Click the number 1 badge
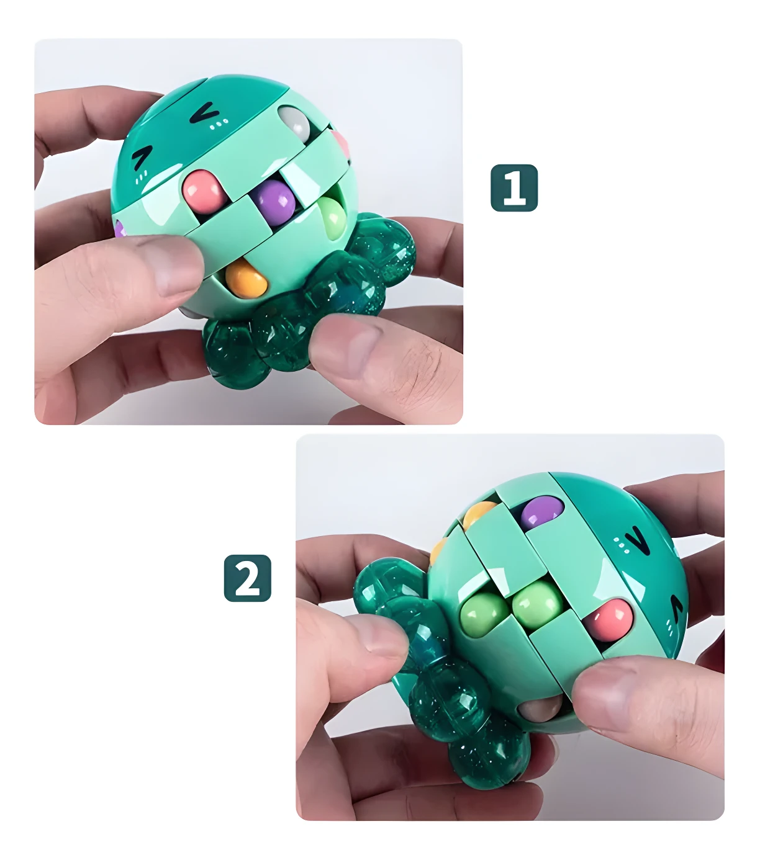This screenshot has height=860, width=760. [514, 187]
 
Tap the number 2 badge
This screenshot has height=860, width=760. [247, 578]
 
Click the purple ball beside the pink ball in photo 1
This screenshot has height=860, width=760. [274, 202]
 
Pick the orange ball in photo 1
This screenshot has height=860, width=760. [246, 280]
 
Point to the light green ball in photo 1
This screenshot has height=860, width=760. [333, 217]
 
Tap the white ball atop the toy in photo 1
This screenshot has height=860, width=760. [294, 123]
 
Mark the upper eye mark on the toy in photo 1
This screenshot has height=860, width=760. [204, 113]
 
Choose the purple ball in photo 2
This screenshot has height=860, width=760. [541, 513]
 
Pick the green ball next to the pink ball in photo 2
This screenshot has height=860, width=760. [537, 604]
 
